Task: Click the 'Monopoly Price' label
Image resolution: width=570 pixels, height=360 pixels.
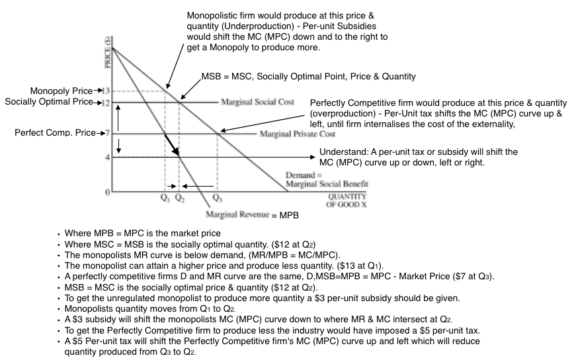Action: pos(59,91)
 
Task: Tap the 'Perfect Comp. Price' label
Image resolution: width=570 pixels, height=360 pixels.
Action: pos(54,133)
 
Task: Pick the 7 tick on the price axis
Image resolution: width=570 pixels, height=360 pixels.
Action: pos(107,134)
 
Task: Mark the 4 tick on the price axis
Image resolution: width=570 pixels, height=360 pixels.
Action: pos(107,157)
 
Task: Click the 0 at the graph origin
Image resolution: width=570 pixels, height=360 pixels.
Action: pos(107,192)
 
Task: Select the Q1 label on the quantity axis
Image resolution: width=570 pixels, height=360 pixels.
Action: pos(165,198)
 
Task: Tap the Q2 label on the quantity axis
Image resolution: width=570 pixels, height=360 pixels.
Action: pos(179,198)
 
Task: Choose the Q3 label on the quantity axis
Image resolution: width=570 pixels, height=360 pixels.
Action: pos(217,198)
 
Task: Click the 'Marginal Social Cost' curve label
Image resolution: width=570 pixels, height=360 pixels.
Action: pos(257,103)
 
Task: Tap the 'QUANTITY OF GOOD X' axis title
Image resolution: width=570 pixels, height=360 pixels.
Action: pos(346,200)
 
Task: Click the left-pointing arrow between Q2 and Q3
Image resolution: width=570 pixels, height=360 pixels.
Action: pos(202,186)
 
